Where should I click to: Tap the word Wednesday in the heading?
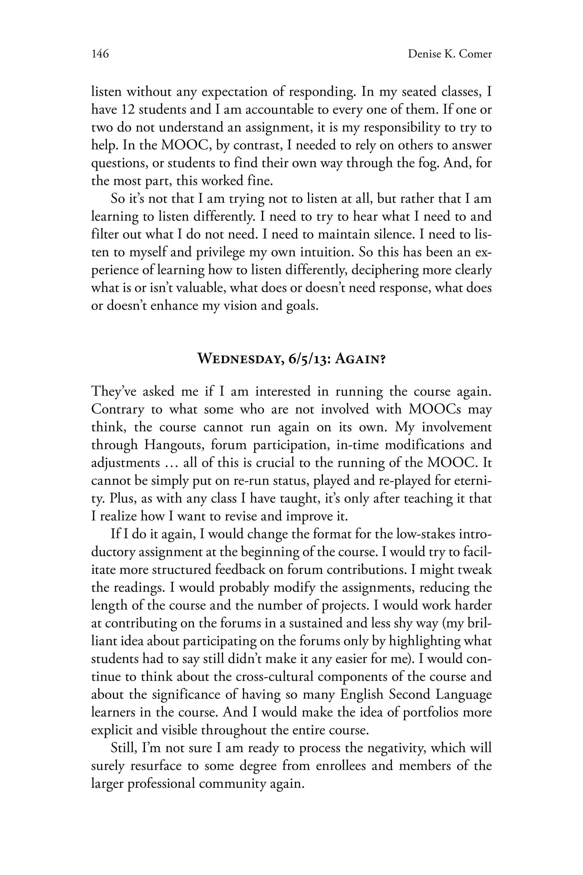[239, 359]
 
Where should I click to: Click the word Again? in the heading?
[360, 359]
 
